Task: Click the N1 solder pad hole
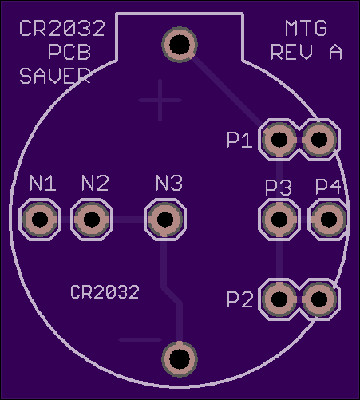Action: click(40, 220)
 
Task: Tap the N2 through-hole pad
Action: click(92, 220)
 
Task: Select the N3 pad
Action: click(165, 220)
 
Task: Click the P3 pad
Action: click(279, 220)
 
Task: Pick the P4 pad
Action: click(329, 220)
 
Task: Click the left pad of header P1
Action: click(279, 139)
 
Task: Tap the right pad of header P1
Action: click(319, 139)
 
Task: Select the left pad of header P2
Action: click(279, 299)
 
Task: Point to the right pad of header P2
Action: click(319, 299)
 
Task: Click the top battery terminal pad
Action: click(180, 45)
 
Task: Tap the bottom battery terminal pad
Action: click(180, 359)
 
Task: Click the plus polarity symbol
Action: click(160, 101)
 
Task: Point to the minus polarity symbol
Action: click(140, 339)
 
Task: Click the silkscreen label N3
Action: click(169, 183)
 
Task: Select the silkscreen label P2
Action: click(239, 299)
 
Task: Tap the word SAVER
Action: click(55, 76)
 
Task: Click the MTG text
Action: click(306, 28)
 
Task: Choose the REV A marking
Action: click(307, 52)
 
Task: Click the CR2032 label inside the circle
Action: click(105, 292)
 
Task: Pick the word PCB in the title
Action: click(69, 52)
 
